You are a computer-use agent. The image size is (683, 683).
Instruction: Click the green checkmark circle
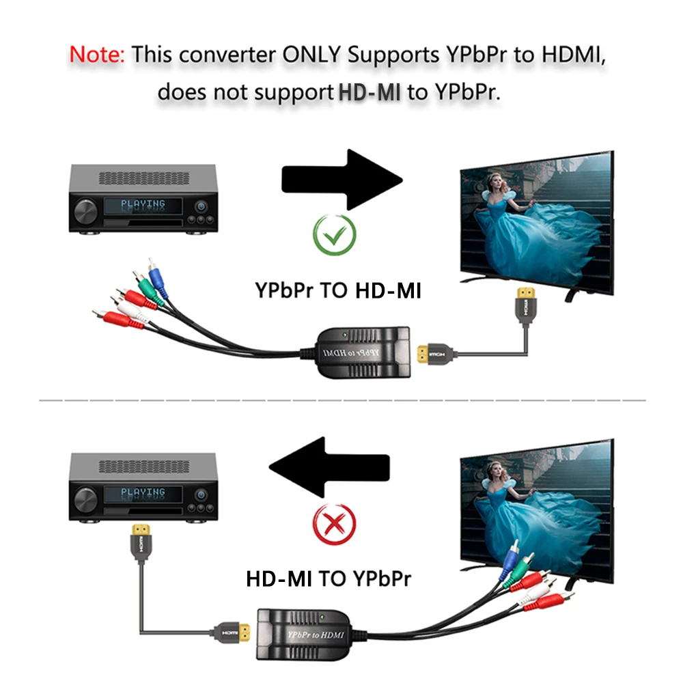point(335,236)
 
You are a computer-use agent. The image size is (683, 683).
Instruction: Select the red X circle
point(334,525)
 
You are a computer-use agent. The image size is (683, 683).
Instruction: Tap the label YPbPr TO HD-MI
point(338,290)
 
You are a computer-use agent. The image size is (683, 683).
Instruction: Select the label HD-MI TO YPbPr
point(329,580)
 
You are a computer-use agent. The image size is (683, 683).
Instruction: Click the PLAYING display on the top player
point(143,204)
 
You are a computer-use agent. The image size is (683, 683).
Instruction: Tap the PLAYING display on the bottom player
point(143,492)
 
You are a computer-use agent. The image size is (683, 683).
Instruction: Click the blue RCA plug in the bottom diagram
point(508,561)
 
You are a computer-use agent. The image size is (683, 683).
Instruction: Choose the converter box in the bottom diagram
point(304,633)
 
